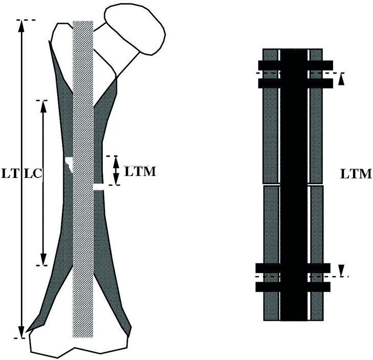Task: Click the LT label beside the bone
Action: coord(10,173)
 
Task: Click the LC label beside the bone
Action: coord(33,173)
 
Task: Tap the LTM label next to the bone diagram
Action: coord(140,171)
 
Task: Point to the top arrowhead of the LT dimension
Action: coord(21,26)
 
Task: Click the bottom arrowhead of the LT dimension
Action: coord(21,332)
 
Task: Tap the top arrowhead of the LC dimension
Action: coord(43,106)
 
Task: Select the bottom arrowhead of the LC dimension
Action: coord(43,260)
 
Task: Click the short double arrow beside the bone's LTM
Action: coord(116,170)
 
